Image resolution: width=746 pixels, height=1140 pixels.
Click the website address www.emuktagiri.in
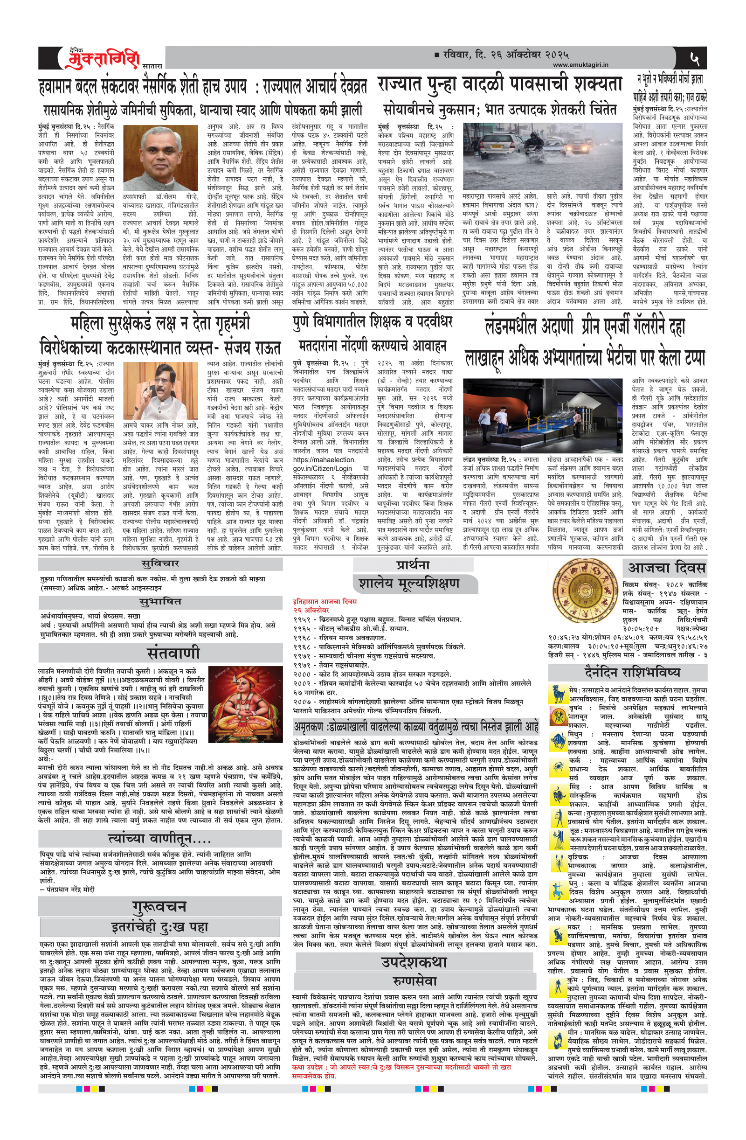click(x=580, y=65)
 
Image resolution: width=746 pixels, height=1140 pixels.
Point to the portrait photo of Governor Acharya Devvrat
click(x=160, y=158)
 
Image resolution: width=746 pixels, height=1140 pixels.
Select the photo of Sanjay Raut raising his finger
click(x=160, y=391)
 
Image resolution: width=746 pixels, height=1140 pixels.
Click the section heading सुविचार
click(x=160, y=564)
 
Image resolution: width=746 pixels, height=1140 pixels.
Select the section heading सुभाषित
click(x=160, y=602)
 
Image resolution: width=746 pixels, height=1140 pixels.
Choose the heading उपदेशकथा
click(x=414, y=949)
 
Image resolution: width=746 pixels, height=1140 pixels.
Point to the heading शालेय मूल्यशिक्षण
click(x=409, y=583)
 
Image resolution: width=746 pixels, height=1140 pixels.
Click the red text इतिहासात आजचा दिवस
click(x=325, y=602)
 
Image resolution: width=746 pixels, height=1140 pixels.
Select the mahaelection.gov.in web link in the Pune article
click(x=325, y=464)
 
